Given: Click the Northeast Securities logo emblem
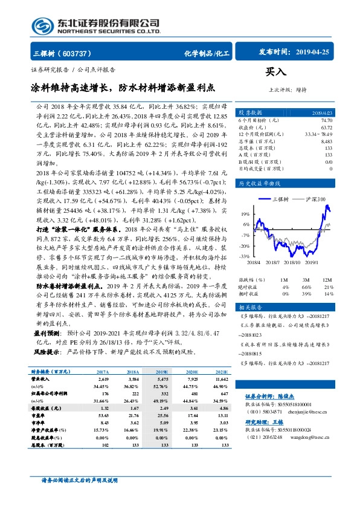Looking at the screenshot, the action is click(x=42, y=26).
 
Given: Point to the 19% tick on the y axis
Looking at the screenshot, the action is click(x=245, y=213).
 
